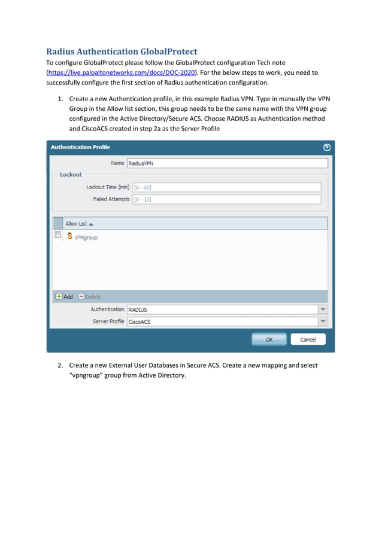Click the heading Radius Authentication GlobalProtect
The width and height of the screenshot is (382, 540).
point(122,51)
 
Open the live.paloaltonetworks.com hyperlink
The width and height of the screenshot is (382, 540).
point(122,72)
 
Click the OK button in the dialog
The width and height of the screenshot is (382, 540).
point(269,339)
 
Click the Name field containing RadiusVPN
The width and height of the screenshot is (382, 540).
point(228,163)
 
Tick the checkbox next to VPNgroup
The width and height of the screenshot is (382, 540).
point(58,235)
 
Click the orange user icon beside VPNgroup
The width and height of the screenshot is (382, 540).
point(69,236)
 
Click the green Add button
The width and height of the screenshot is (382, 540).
point(64,296)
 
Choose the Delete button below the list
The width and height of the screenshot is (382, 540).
point(90,296)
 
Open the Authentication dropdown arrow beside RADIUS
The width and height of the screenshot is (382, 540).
point(323,310)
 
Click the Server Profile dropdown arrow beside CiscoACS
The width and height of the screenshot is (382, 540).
point(323,321)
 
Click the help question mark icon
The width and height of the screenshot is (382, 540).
point(327,147)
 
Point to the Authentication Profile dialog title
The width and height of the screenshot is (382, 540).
point(81,147)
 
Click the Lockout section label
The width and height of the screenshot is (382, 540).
point(71,175)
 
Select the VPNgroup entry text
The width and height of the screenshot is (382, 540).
point(86,238)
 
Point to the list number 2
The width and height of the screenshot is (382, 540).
point(60,365)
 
